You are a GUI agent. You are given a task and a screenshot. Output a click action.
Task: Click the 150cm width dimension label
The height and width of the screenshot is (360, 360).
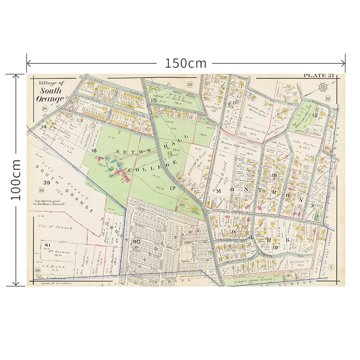(x=186, y=63)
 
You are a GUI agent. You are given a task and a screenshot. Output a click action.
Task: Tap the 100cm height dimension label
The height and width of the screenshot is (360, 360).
(x=15, y=180)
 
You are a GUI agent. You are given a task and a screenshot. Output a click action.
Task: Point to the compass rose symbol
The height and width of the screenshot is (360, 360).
(x=323, y=87)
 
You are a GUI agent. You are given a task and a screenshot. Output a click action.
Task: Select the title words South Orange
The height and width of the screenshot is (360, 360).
(x=50, y=95)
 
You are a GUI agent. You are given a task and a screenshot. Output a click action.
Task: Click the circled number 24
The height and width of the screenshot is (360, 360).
(x=45, y=109)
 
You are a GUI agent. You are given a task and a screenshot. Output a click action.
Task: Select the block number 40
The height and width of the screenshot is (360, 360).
(x=136, y=242)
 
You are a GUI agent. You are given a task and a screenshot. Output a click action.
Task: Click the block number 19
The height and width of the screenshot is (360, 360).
(x=275, y=247)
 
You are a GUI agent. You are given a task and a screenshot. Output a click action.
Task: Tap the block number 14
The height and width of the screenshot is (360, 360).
(x=44, y=127)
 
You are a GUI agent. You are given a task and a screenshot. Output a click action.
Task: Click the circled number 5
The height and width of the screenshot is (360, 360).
(x=331, y=266)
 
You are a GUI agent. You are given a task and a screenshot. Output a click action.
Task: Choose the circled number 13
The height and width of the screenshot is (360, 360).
(x=333, y=188)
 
